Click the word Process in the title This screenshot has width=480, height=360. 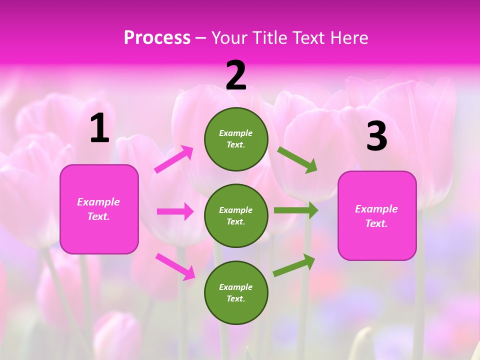coord(157,38)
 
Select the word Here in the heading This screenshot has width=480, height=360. coord(349,38)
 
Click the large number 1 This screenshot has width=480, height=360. coord(99,129)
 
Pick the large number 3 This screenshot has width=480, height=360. coord(376,136)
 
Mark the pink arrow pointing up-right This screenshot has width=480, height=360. coord(174,159)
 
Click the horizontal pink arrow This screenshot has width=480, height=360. coord(175,211)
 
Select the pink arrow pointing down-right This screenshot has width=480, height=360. coord(175,266)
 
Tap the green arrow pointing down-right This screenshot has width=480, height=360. coord(297,159)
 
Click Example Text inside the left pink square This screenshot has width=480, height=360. coord(98,209)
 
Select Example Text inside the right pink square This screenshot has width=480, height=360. coord(376,216)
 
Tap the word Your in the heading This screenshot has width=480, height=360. coord(229,38)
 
